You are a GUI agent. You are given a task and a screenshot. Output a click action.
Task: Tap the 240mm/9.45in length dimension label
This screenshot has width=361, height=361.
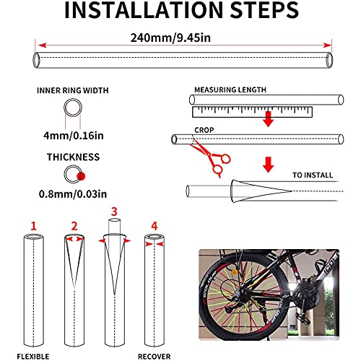[170, 38]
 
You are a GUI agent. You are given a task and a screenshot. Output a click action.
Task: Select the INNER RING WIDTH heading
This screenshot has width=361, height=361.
[73, 90]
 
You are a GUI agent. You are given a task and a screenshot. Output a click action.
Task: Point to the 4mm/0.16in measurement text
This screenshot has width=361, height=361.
[74, 136]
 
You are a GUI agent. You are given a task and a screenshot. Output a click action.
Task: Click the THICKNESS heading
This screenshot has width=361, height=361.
[73, 157]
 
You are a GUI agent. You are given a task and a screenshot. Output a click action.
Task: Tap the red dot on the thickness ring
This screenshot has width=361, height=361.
[81, 176]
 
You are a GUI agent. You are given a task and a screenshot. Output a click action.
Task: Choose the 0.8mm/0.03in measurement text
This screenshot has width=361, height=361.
[73, 194]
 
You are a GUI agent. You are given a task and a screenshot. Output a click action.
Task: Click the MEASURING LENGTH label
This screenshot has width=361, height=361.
[230, 90]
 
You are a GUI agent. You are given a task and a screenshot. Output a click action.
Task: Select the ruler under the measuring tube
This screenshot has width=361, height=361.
[252, 112]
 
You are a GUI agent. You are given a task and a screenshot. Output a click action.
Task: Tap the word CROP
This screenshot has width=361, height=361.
[204, 130]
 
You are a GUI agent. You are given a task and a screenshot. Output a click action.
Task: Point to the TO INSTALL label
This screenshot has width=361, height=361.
[313, 175]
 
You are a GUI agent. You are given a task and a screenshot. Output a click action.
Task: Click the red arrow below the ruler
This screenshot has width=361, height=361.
[269, 119]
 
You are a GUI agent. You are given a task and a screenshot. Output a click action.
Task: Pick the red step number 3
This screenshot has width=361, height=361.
[114, 212]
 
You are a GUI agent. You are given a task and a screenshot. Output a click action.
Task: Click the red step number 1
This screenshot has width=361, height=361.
[33, 226]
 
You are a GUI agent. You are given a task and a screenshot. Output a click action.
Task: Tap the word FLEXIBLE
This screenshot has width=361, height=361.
[33, 357]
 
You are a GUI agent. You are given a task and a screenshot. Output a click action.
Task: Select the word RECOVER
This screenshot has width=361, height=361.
[155, 357]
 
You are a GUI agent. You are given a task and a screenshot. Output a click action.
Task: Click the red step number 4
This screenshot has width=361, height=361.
[155, 226]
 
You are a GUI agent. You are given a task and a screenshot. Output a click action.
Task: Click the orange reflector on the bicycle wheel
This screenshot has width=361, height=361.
[235, 272]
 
